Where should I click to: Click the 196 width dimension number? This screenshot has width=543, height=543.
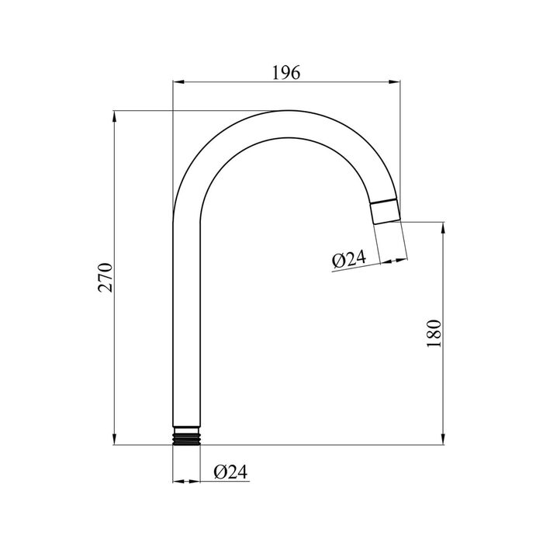coord(286,73)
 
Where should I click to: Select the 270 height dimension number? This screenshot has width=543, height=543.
coord(105,278)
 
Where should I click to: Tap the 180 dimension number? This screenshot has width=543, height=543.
coord(434,334)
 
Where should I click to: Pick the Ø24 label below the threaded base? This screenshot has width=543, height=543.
coord(230,472)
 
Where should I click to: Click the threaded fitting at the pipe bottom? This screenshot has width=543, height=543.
coord(186,436)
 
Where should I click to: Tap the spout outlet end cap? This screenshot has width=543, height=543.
coord(386,212)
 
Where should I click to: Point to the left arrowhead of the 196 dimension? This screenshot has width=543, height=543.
coord(178,82)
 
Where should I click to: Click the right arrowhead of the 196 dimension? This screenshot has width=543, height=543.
coord(394,82)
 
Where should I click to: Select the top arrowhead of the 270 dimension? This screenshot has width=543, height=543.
coord(114,116)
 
